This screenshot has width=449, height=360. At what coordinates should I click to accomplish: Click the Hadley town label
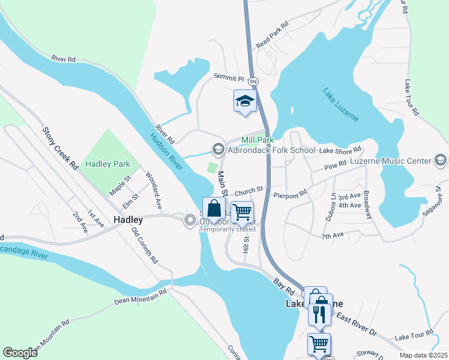pyautogui.click(x=128, y=220)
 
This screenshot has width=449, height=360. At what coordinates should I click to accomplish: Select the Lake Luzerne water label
pyautogui.click(x=341, y=104)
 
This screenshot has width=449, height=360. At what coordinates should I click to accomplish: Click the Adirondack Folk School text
pyautogui.click(x=271, y=150)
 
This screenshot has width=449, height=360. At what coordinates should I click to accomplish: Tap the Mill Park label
pyautogui.click(x=258, y=140)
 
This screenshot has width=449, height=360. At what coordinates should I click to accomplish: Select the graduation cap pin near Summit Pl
pyautogui.click(x=245, y=101)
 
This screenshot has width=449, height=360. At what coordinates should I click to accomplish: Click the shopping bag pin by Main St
pyautogui.click(x=214, y=209)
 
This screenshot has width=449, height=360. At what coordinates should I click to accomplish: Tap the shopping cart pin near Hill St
pyautogui.click(x=242, y=212)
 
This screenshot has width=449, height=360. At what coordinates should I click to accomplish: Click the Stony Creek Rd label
pyautogui.click(x=61, y=148)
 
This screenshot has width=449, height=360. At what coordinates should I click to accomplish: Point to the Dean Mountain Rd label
pyautogui.click(x=139, y=298)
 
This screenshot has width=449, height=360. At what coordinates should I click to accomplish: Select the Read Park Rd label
pyautogui.click(x=273, y=35)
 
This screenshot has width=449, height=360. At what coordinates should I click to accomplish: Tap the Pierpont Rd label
pyautogui.click(x=290, y=194)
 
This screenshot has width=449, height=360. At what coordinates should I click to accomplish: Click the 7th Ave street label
pyautogui.click(x=331, y=236)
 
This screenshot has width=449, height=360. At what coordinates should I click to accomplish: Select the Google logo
pyautogui.click(x=20, y=353)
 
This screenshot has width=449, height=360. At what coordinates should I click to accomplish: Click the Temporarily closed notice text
pyautogui.click(x=228, y=229)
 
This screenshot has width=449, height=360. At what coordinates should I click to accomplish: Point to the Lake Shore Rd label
pyautogui.click(x=340, y=150)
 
